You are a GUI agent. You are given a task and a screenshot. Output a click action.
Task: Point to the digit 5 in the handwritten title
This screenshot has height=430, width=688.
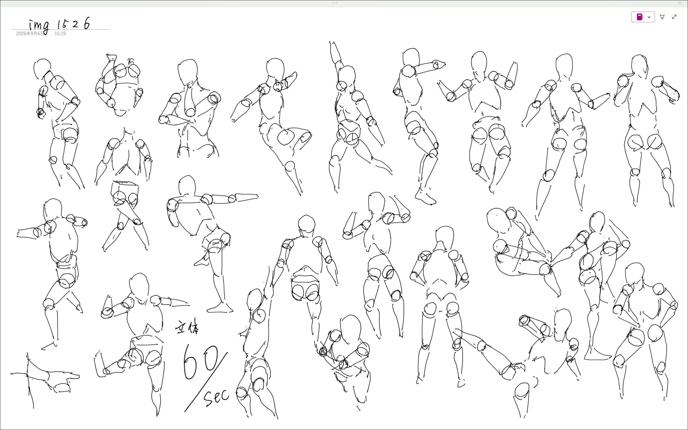tap(65, 24)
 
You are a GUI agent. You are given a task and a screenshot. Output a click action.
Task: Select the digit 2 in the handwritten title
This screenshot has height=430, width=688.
tap(75, 24)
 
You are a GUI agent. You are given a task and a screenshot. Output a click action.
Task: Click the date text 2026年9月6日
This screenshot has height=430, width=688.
tap(30, 34)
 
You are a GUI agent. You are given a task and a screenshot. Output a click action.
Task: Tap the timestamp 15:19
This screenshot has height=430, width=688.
tap(60, 34)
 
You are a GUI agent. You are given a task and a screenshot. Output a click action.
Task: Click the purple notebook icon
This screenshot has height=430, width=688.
tap(639, 17)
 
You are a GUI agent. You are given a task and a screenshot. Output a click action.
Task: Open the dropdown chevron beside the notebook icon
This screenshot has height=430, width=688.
tap(649, 17)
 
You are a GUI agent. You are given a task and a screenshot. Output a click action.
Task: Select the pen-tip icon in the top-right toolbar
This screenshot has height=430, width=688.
tap(662, 17)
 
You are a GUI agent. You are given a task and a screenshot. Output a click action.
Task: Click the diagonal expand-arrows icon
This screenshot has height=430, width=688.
tap(674, 17)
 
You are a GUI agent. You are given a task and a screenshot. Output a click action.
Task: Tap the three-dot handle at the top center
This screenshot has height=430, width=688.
tap(334, 3)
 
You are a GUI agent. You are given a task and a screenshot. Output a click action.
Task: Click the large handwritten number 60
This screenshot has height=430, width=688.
tap(200, 362)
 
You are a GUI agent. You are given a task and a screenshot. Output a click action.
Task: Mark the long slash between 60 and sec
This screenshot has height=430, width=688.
tap(206, 382)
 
